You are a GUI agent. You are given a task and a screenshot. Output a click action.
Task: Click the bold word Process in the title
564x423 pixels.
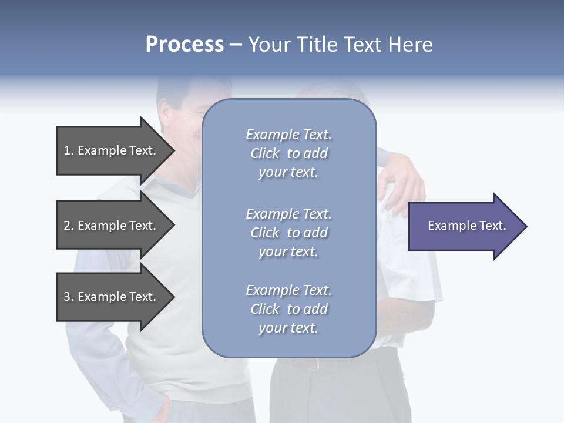point(184,45)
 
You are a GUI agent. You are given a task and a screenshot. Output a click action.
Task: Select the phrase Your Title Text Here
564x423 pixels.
point(340,45)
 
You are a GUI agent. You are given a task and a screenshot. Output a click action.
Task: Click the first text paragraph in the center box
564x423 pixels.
point(288,153)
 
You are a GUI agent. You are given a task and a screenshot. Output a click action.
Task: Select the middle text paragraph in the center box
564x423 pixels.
point(288,233)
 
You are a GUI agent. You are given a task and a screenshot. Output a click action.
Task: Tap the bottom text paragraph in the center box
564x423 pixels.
point(288,309)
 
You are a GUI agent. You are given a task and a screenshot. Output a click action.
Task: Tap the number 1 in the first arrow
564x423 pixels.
point(67,150)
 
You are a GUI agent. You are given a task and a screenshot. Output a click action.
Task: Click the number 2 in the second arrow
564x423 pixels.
point(67,226)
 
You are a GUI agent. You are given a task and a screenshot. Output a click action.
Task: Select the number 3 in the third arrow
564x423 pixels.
point(67,297)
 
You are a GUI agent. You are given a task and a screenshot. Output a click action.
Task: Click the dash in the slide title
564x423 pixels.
point(236,45)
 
